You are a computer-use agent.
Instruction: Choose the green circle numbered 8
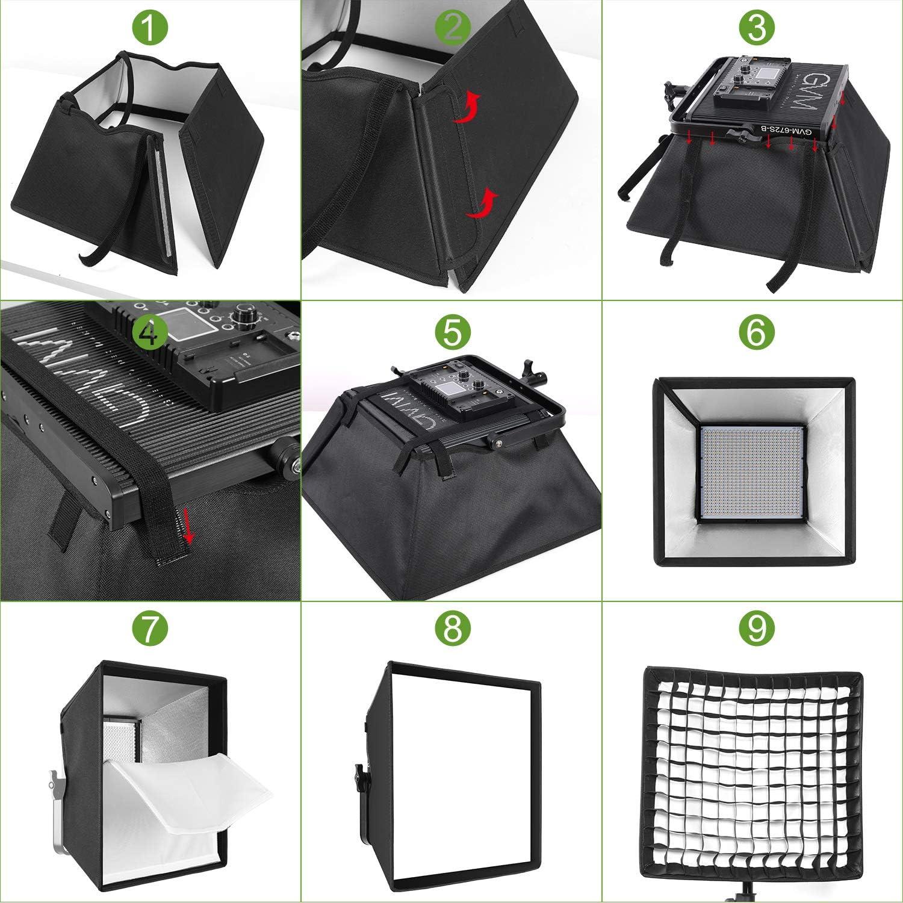tap(453, 630)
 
